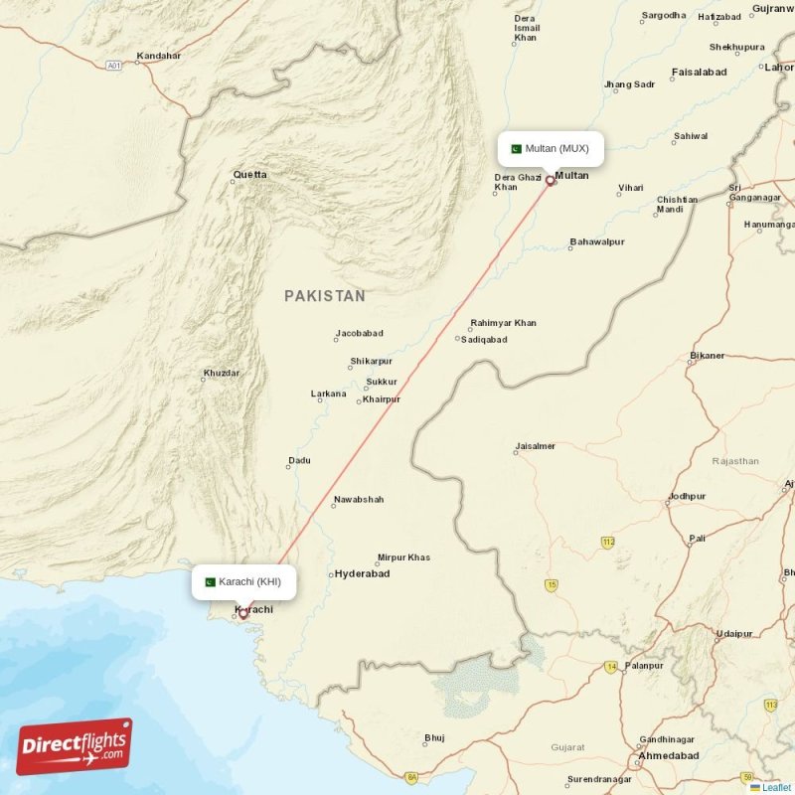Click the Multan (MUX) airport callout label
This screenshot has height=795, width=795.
click(550, 149)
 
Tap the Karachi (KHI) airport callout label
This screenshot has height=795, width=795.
click(243, 581)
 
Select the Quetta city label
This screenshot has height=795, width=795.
click(249, 175)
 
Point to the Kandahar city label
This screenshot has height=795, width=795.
click(159, 56)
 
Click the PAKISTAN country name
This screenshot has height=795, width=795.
click(324, 296)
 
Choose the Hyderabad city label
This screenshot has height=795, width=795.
click(362, 574)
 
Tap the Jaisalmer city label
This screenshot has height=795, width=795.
click(535, 446)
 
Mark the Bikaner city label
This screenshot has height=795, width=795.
click(708, 355)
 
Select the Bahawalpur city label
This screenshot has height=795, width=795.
click(596, 242)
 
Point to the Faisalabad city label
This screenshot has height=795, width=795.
click(699, 73)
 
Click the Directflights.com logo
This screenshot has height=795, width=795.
click(75, 746)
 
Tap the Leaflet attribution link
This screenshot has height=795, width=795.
click(776, 787)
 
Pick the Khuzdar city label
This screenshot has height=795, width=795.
click(222, 373)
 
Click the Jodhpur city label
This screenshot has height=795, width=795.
click(687, 496)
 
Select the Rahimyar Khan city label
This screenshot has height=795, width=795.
click(503, 323)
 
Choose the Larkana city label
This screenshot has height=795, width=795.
click(329, 394)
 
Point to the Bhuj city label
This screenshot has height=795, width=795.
click(434, 737)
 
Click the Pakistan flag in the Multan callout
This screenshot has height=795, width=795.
click(516, 149)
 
